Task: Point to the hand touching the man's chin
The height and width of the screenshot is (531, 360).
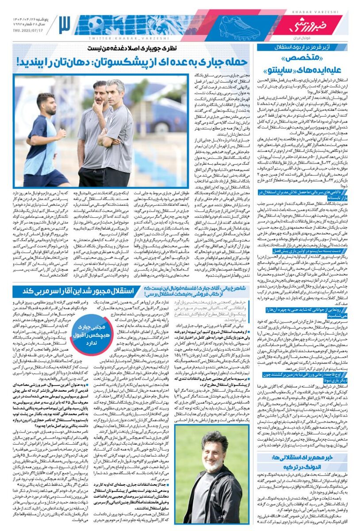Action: coord(100,105)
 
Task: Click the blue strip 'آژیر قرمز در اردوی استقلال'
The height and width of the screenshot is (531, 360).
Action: coord(300,47)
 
